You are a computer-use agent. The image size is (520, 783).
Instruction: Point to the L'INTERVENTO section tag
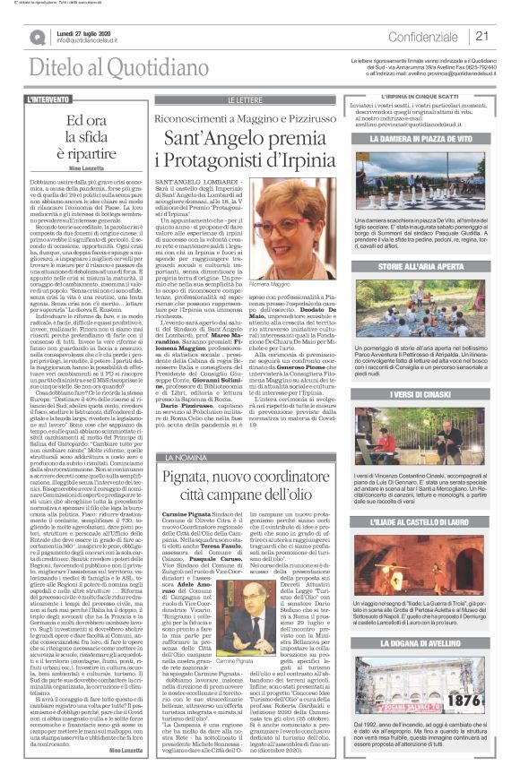tap(48, 99)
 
